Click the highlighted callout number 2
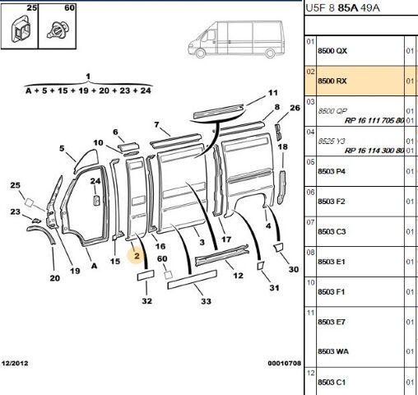click(137, 256)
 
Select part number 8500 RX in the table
click(332, 81)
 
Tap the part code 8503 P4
click(332, 171)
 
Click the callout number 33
click(206, 301)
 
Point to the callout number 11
click(273, 93)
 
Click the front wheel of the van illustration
click(200, 53)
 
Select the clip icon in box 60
click(58, 30)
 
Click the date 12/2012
click(15, 364)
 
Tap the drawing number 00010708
click(285, 364)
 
